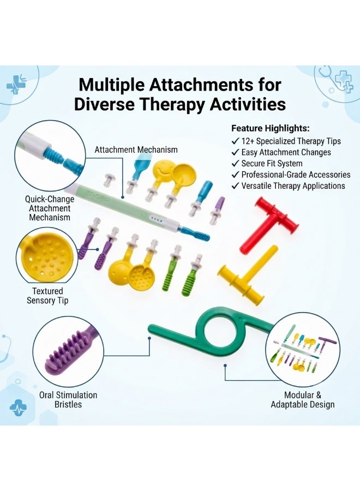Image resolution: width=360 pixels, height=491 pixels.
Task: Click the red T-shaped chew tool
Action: pyautogui.click(x=270, y=223)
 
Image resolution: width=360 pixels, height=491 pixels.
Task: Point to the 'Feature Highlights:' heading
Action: pyautogui.click(x=271, y=128)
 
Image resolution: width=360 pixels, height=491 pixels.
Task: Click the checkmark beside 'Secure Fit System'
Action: pyautogui.click(x=235, y=164)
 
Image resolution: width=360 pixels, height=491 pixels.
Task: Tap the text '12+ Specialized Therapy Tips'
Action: pyautogui.click(x=291, y=141)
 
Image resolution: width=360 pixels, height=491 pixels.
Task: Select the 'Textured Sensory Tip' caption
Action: pyautogui.click(x=47, y=296)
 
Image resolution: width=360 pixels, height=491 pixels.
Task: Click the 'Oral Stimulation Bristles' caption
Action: pyautogui.click(x=68, y=399)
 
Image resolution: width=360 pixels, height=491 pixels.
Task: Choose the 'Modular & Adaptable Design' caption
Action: pyautogui.click(x=302, y=399)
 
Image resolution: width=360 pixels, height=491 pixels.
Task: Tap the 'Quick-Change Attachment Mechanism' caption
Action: pyautogui.click(x=50, y=208)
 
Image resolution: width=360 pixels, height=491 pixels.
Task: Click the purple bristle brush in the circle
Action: pyautogui.click(x=69, y=351)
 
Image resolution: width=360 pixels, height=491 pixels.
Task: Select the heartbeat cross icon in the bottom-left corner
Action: pyautogui.click(x=18, y=408)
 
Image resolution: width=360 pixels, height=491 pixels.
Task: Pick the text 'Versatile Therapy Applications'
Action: pyautogui.click(x=293, y=185)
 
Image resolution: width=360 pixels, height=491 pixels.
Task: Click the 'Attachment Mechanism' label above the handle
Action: pyautogui.click(x=136, y=149)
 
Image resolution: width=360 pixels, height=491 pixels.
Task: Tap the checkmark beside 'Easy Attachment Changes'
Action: pyautogui.click(x=235, y=152)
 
